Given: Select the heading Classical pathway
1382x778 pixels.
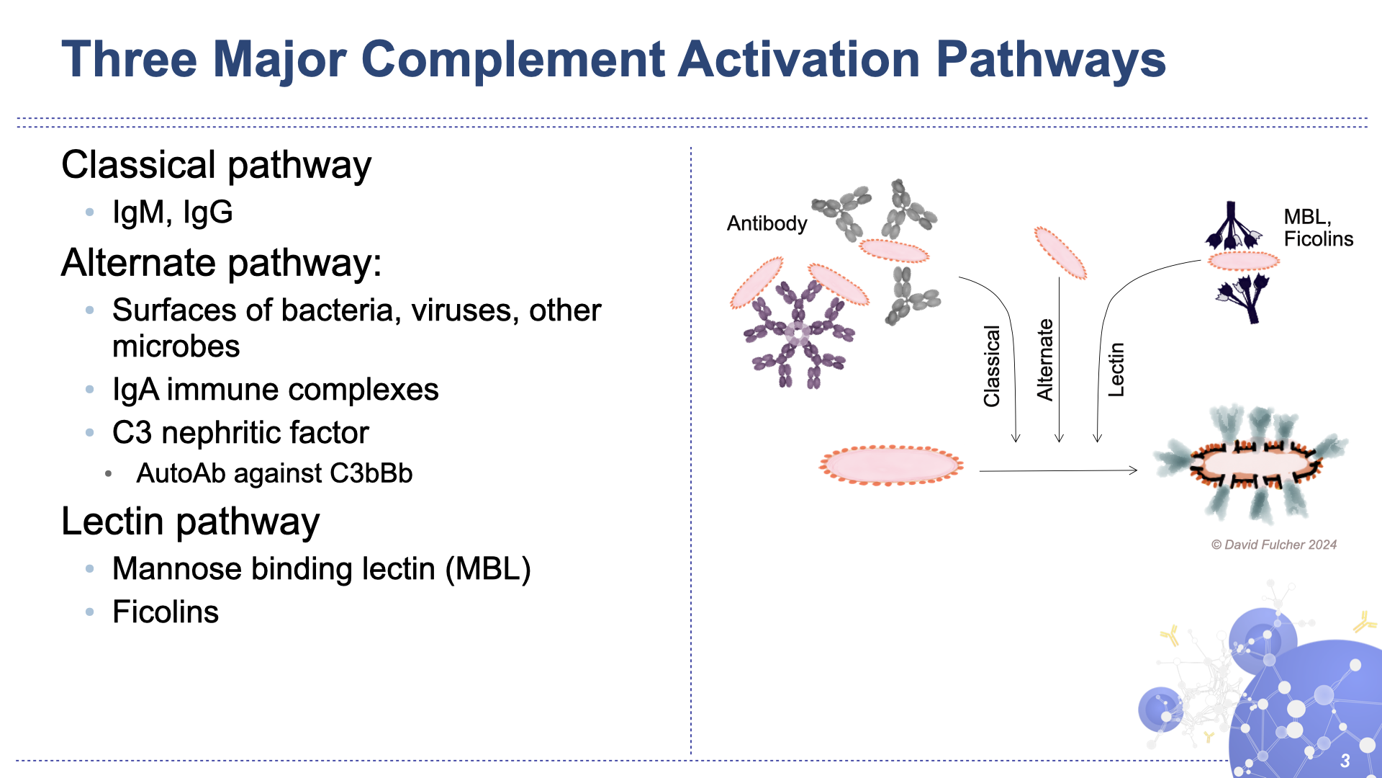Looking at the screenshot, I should (216, 165).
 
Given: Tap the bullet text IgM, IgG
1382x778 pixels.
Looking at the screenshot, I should (173, 213).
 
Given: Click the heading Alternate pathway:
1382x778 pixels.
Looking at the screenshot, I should (221, 262).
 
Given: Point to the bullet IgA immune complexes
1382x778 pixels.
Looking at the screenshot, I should (275, 390).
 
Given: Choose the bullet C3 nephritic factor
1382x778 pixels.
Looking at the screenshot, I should (240, 433).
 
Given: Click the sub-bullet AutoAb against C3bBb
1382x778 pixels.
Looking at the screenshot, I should (274, 473).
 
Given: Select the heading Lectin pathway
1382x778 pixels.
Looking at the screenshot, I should (190, 522).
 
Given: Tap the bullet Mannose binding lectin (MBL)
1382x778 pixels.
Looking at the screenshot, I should (321, 569).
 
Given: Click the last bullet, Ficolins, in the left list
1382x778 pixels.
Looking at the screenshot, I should (166, 612).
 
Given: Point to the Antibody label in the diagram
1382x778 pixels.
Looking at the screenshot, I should (767, 223).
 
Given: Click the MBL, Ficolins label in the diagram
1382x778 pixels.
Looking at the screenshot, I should (1318, 228).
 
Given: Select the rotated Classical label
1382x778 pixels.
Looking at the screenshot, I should (992, 366).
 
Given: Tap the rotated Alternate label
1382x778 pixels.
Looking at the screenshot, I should (1044, 359).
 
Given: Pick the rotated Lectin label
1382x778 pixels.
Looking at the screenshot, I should (1116, 370).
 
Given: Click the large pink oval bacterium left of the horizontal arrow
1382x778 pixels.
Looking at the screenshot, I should (891, 465).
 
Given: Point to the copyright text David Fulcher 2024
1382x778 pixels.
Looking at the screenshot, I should (1274, 545).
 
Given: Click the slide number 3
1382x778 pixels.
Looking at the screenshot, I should (1345, 761).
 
